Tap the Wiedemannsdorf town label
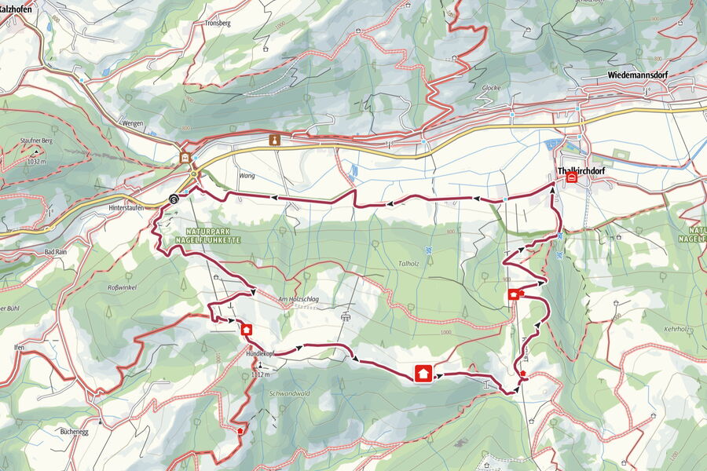coord(642,76)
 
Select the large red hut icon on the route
coord(423,373)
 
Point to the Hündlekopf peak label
coord(259,354)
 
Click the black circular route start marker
coord(173,199)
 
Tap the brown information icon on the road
coord(274,140)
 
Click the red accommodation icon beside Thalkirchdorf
coord(571,178)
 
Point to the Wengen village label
coord(134,122)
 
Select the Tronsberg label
coord(218,24)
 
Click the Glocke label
coord(491,88)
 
